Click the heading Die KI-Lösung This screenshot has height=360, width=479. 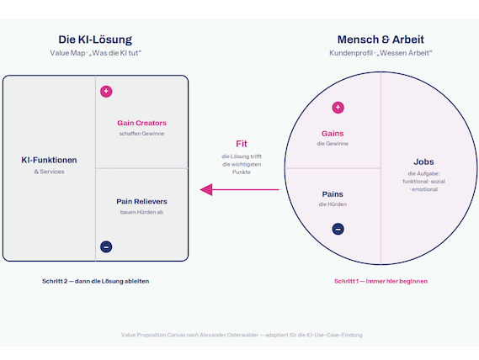(x=95, y=40)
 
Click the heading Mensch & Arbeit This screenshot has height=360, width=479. (x=381, y=40)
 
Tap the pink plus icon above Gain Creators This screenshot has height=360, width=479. (x=106, y=92)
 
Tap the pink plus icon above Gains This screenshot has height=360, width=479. (x=338, y=108)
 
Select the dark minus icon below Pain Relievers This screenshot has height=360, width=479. (x=106, y=246)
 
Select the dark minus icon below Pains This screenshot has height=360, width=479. (x=338, y=229)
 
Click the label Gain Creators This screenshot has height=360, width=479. (x=141, y=123)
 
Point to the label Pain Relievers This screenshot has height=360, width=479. (x=141, y=202)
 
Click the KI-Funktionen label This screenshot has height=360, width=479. (x=49, y=160)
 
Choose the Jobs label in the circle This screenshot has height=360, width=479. (x=423, y=161)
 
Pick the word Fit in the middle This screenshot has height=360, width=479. (x=242, y=144)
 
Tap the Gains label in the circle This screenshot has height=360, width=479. (x=333, y=134)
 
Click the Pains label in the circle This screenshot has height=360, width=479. (x=333, y=194)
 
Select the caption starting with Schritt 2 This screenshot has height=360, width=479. (x=96, y=281)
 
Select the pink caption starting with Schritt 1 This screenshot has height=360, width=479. (x=381, y=281)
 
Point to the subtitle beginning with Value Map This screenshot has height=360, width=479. (x=96, y=53)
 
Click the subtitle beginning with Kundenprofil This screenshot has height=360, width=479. (x=381, y=53)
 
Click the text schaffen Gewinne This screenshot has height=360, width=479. (x=141, y=134)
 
